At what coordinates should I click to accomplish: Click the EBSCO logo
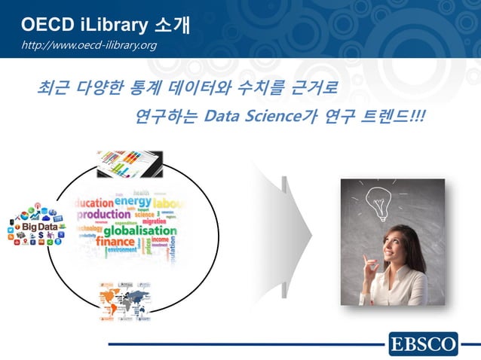click(x=423, y=345)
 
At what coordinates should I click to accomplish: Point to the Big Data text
click(x=38, y=227)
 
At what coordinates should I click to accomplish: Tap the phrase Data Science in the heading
click(x=252, y=117)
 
